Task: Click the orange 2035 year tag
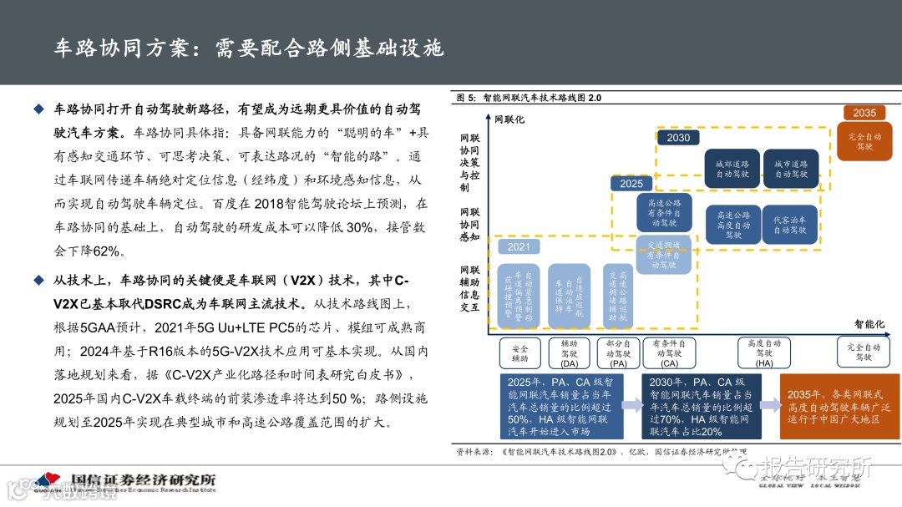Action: pos(864,112)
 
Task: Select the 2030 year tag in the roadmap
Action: pos(678,138)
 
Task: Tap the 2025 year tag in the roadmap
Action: pos(631,183)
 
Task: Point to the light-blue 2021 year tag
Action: pos(518,246)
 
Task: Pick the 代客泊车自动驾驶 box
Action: pos(790,225)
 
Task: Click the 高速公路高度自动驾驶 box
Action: pos(732,225)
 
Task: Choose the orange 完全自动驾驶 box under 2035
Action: pos(864,141)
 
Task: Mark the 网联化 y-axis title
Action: pos(509,119)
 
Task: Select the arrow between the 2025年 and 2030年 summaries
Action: pos(631,406)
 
